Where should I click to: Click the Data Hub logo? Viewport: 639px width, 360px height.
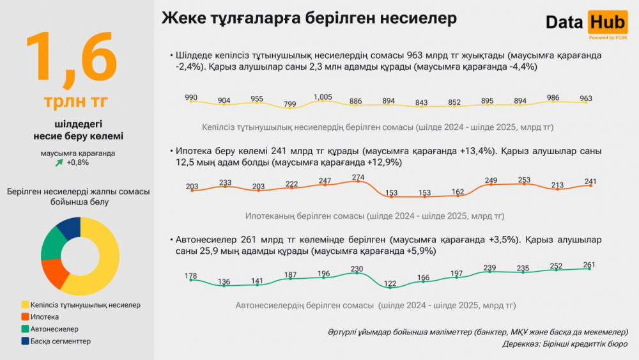point(587,23)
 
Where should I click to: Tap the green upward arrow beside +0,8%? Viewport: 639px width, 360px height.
point(59,162)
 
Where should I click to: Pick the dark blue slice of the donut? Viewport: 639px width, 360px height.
point(70,227)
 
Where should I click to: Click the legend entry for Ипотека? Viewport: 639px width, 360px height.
point(45,317)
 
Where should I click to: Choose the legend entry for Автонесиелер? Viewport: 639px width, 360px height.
point(54,329)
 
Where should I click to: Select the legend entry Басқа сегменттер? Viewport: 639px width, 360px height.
point(61,341)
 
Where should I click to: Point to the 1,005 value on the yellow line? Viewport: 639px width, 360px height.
point(323,97)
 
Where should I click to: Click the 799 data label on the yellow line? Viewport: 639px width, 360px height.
point(289,104)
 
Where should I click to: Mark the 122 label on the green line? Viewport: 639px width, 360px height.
point(389,283)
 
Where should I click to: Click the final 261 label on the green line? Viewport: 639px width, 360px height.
point(589,265)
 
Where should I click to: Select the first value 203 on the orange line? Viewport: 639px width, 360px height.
point(192,186)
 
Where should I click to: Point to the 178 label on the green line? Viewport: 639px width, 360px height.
point(190,276)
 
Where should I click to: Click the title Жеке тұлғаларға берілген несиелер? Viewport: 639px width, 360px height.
point(309,18)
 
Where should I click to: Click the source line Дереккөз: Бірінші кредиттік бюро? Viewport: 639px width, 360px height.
point(564,344)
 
